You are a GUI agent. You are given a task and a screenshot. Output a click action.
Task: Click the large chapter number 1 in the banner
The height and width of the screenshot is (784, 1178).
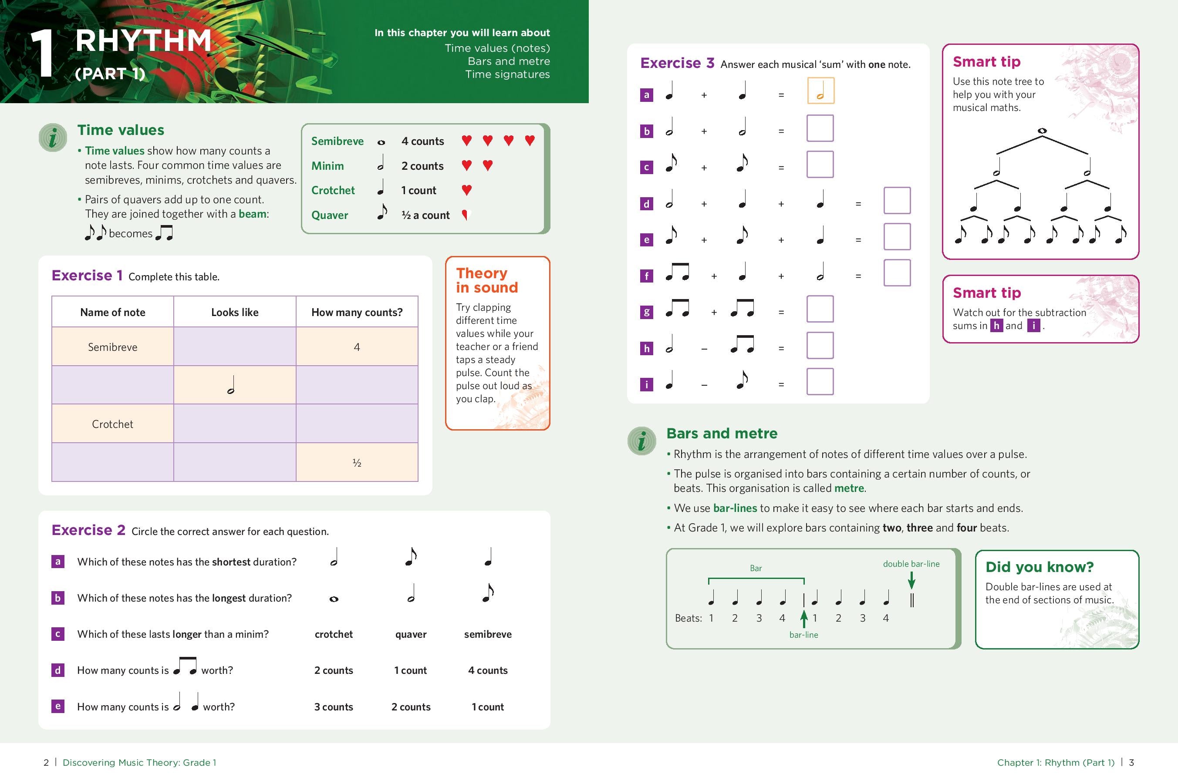click(x=43, y=54)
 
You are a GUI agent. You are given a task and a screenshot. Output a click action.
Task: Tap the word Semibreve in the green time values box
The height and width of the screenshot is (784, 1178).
click(x=337, y=141)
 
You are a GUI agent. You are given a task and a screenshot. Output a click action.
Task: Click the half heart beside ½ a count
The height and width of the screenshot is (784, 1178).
click(x=465, y=215)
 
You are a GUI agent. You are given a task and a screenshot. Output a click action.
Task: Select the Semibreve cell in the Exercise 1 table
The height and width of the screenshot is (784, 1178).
click(x=112, y=347)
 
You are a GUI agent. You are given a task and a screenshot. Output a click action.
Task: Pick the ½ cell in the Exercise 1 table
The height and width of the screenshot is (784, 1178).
click(x=357, y=462)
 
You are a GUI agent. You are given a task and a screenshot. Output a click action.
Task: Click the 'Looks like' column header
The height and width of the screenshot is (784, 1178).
click(x=235, y=312)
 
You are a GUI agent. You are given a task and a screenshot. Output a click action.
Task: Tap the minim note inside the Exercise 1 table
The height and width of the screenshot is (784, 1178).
click(x=231, y=385)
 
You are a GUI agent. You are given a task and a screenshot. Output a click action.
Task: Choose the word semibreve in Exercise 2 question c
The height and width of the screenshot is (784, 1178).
click(x=488, y=634)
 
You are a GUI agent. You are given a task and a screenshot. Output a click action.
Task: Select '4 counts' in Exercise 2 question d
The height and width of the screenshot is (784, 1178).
click(x=488, y=670)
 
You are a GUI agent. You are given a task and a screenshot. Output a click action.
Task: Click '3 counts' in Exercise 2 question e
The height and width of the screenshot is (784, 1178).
click(x=333, y=707)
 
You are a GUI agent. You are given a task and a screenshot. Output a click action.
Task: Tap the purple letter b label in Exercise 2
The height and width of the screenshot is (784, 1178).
click(x=58, y=598)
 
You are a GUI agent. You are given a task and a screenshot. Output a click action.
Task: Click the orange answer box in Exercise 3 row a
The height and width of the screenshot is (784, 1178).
click(x=820, y=91)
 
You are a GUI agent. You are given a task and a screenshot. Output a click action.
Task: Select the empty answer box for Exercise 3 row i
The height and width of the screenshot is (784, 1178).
click(x=820, y=381)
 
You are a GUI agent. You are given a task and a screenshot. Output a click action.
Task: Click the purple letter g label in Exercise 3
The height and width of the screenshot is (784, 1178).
click(x=646, y=312)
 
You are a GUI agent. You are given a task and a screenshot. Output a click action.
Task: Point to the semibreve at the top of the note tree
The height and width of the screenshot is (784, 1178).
click(x=1042, y=131)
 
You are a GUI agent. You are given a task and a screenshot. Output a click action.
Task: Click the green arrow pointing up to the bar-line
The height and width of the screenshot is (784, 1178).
click(x=804, y=619)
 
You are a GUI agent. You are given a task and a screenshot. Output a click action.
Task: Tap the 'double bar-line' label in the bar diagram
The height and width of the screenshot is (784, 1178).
click(x=911, y=563)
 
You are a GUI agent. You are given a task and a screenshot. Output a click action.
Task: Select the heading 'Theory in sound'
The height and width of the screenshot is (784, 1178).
click(x=487, y=280)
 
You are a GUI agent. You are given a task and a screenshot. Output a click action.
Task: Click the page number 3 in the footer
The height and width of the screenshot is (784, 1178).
click(x=1131, y=762)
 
